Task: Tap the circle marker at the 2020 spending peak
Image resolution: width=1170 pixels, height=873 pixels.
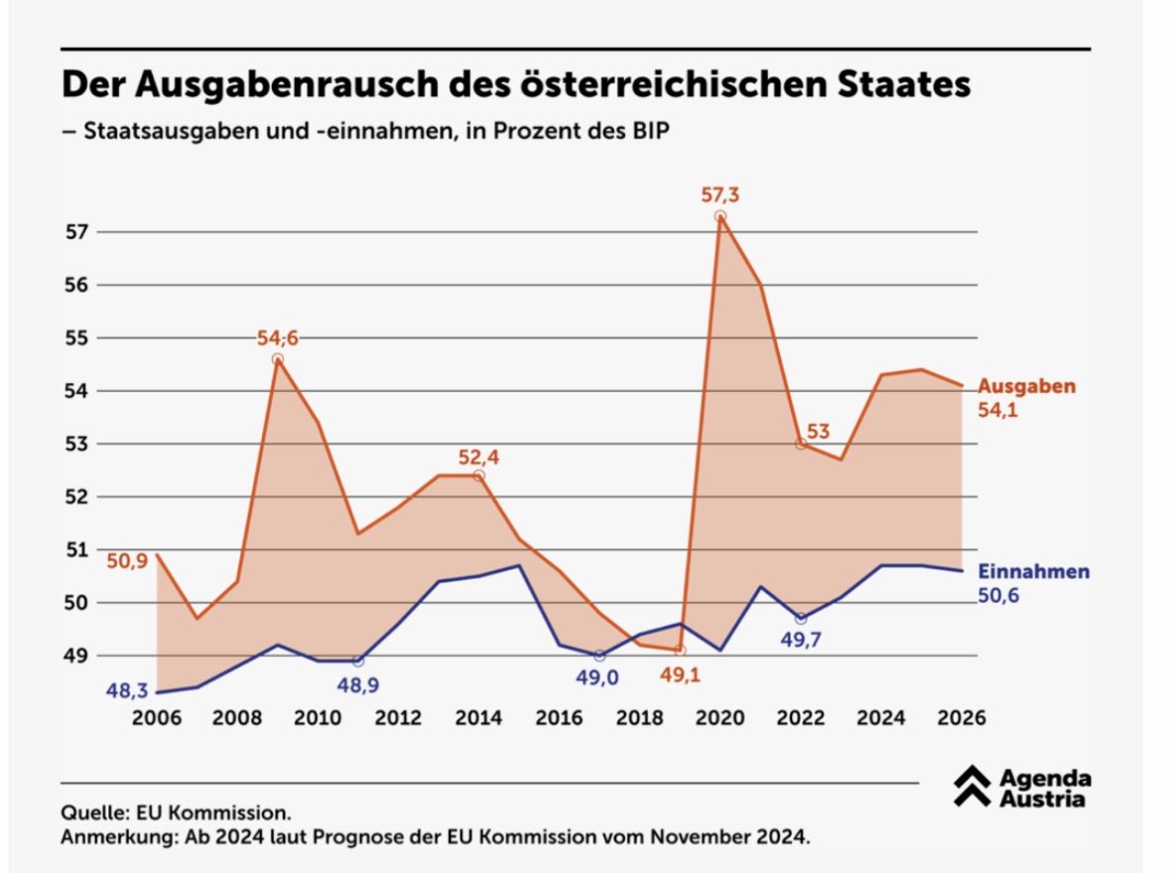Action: (720, 216)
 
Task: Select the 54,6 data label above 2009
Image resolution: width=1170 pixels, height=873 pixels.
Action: (278, 338)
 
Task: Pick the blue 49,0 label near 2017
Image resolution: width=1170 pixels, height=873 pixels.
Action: (598, 679)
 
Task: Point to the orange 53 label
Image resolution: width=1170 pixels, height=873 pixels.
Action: (819, 432)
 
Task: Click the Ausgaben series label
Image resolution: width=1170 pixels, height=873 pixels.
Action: (1026, 387)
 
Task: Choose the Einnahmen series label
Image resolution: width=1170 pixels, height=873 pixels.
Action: (1033, 572)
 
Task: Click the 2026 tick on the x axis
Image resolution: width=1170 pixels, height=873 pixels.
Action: (959, 717)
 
